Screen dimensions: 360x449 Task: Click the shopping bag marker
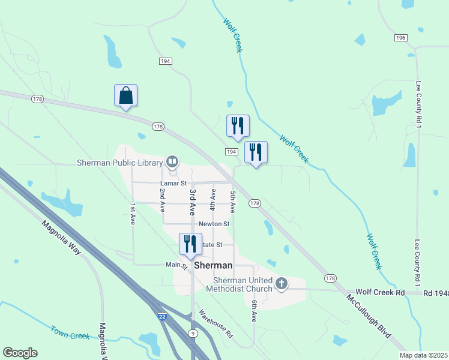coord(125,96)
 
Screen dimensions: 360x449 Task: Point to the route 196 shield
coord(401,38)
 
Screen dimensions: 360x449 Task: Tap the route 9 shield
coord(192,333)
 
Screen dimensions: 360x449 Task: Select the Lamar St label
coord(173,183)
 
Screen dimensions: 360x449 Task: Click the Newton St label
coord(214,224)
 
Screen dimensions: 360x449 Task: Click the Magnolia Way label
coord(61,238)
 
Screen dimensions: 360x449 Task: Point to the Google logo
coord(20,353)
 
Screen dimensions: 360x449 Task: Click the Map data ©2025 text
coord(423,355)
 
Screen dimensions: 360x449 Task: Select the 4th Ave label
coord(212,199)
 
